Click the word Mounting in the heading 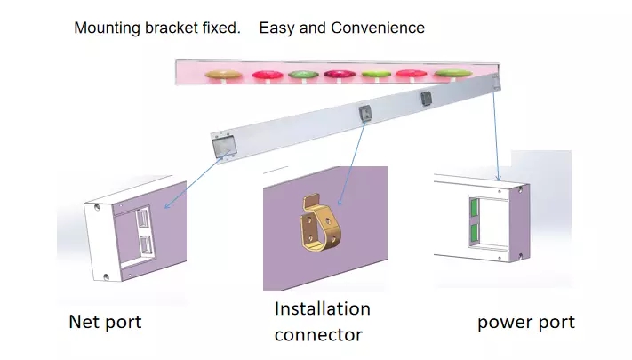(x=108, y=28)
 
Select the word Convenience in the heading (x=378, y=28)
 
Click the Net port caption (x=105, y=322)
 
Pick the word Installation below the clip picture (x=323, y=308)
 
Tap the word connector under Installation (x=318, y=335)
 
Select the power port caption (x=526, y=323)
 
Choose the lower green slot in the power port (x=475, y=233)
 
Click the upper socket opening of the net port (x=142, y=218)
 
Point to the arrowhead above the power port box (x=499, y=178)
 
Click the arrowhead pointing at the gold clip (x=340, y=203)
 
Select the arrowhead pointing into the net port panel (x=168, y=205)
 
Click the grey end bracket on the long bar (x=224, y=146)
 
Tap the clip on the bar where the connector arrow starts (x=365, y=113)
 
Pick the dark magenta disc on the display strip (x=340, y=74)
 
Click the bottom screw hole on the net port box (x=106, y=277)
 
